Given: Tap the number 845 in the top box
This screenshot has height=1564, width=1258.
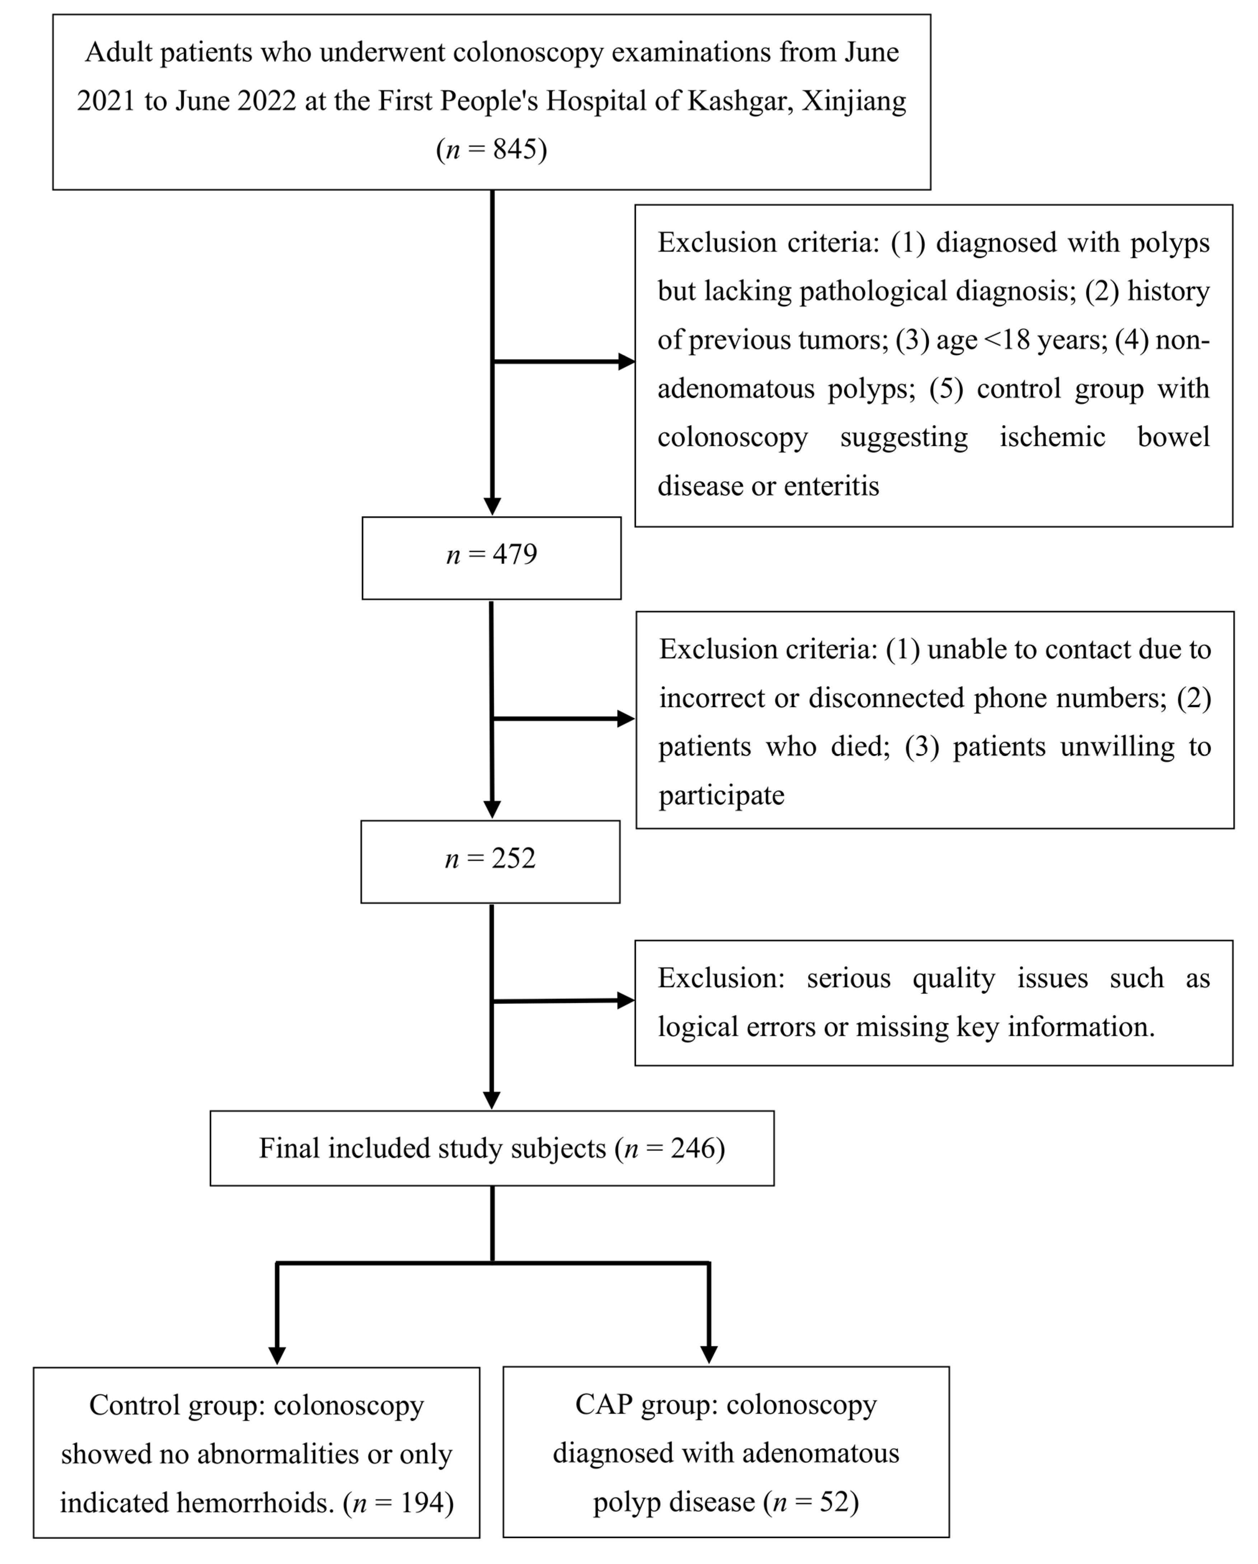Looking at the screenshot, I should (x=517, y=149).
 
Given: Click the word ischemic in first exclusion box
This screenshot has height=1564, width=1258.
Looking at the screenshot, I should (x=1052, y=437).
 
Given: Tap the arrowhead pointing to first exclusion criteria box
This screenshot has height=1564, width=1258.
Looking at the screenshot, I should (x=626, y=361).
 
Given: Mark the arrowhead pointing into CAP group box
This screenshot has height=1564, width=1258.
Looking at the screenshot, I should (x=709, y=1354).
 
